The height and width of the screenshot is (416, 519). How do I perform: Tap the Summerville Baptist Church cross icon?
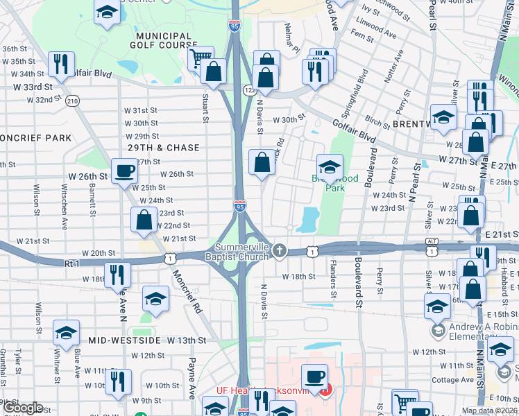279,250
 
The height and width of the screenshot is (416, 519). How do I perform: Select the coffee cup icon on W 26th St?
125,170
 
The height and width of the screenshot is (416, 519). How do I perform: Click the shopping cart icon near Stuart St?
201,58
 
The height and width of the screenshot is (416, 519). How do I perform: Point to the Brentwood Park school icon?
330,166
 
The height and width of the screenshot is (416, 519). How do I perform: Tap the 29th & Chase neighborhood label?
163,148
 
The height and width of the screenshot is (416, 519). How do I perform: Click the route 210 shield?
72,101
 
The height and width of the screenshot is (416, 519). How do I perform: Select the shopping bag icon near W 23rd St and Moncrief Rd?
144,220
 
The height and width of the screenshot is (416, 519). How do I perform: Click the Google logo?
22,408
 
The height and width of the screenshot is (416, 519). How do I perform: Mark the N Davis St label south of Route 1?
264,300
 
